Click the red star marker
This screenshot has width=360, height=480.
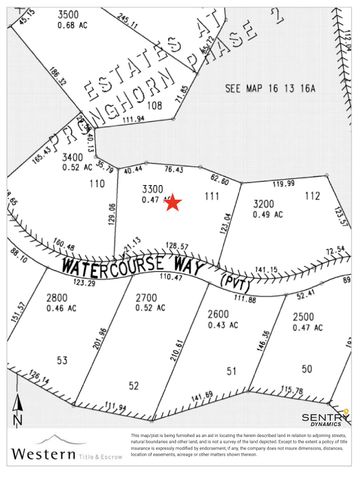tap(172, 203)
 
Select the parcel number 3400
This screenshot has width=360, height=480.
tap(73, 157)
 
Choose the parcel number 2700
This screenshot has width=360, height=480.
tap(146, 297)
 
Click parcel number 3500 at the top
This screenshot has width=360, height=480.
tap(69, 15)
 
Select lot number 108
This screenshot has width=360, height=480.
tap(154, 104)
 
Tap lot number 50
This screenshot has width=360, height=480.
tap(307, 369)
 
